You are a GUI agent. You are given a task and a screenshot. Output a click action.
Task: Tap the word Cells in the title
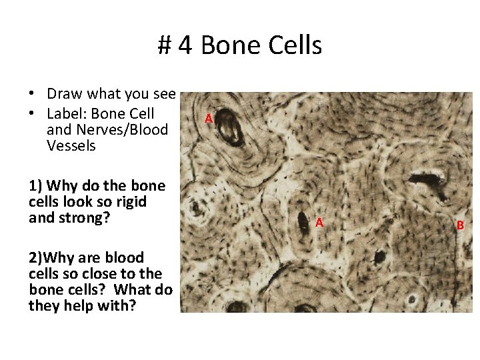point(293,45)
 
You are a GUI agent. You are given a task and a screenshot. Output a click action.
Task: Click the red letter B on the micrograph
point(460,225)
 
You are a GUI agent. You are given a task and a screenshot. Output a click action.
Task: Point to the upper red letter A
point(209,119)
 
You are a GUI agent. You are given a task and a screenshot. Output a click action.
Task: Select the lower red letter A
point(319,222)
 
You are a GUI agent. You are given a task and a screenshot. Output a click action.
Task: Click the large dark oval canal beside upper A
point(233,127)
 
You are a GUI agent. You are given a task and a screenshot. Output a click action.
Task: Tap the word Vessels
point(71,145)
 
